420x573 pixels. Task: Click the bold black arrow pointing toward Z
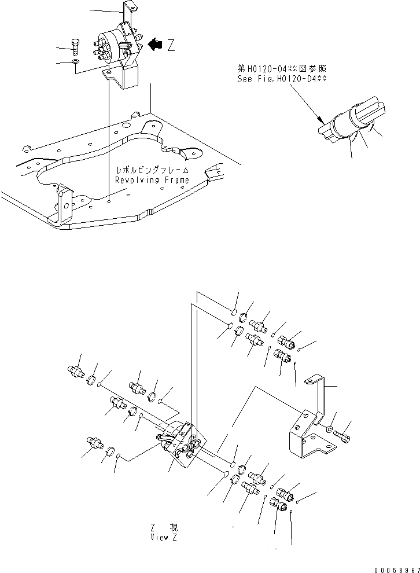click(x=154, y=45)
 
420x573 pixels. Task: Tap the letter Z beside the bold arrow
click(x=171, y=46)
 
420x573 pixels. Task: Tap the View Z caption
click(x=163, y=537)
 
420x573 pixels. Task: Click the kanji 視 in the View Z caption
click(x=173, y=528)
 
